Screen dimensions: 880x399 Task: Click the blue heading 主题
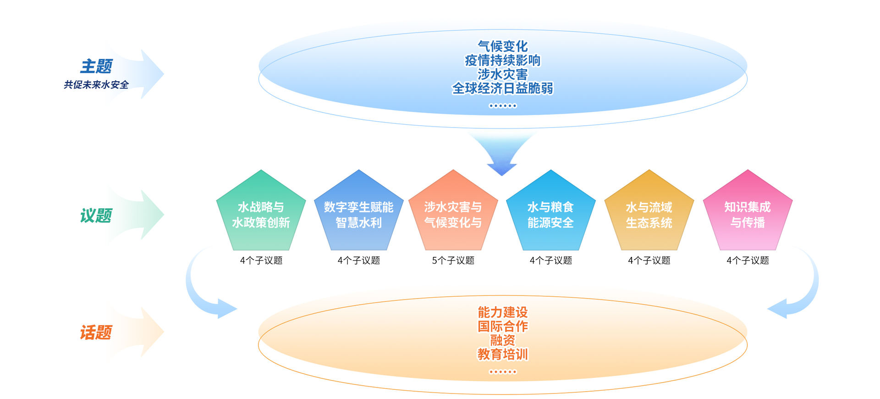click(96, 66)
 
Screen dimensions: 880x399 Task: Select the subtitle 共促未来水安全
click(96, 85)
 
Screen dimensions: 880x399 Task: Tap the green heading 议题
click(96, 216)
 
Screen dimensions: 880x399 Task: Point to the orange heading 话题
click(96, 332)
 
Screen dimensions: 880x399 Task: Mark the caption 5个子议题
click(453, 260)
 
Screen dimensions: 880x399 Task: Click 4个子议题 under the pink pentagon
click(748, 260)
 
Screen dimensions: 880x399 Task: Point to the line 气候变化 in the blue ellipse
click(503, 46)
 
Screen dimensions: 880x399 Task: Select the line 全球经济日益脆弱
click(503, 88)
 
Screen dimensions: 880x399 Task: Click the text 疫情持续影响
click(503, 60)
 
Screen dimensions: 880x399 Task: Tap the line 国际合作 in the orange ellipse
click(503, 327)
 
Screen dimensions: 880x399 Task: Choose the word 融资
click(503, 340)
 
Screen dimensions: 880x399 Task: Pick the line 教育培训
click(503, 355)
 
